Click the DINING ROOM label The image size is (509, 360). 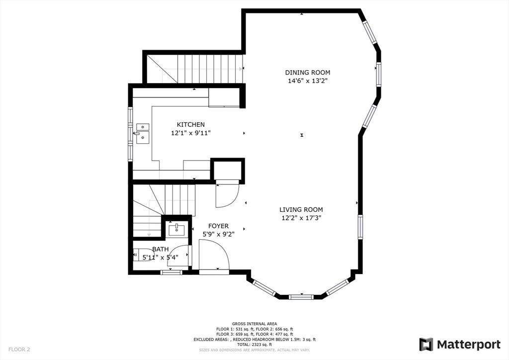(x=307, y=72)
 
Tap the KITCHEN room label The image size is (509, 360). (x=190, y=124)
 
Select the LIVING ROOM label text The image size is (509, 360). (x=301, y=210)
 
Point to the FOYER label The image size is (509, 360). (x=218, y=226)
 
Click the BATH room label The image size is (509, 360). (x=160, y=249)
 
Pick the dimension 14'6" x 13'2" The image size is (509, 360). (x=307, y=81)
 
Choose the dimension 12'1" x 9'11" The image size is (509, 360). (x=190, y=133)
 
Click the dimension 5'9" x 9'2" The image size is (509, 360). (x=218, y=234)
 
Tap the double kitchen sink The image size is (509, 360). (x=143, y=132)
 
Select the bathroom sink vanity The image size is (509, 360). (x=176, y=230)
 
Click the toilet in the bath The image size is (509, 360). (x=136, y=255)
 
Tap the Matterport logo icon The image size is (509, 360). (x=426, y=344)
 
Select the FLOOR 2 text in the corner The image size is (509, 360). (x=19, y=350)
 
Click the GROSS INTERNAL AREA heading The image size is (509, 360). (x=254, y=324)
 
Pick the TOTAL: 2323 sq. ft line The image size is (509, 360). (x=254, y=345)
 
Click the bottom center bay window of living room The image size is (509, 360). (x=301, y=297)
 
